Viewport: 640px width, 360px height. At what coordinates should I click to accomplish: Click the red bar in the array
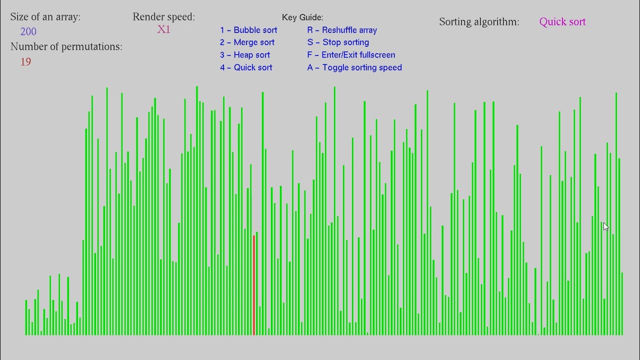coord(254,285)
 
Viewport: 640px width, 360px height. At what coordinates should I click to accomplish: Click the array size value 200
coord(28,31)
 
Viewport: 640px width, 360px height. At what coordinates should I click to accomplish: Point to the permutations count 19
coord(25,62)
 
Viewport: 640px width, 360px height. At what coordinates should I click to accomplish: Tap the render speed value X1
coord(164,29)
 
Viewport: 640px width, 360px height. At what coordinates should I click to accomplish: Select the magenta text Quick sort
coord(562,22)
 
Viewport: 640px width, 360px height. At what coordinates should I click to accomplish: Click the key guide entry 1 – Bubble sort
coord(248,30)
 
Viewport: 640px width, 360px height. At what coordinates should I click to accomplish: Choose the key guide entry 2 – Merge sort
coord(247,42)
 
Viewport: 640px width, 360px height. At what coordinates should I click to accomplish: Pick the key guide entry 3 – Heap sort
coord(245,55)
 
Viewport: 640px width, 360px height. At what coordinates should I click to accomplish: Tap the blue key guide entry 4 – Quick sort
coord(246,67)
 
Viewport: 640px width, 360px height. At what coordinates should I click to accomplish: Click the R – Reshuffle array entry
coord(342,30)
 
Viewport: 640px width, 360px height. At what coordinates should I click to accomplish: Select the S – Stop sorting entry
coord(338,42)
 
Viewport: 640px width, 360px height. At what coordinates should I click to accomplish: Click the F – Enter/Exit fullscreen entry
coord(351,55)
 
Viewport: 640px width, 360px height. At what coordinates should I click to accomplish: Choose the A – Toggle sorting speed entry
coord(354,67)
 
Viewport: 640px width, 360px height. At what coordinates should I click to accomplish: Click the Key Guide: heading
coord(302,17)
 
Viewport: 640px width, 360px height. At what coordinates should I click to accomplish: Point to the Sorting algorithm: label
coord(479,22)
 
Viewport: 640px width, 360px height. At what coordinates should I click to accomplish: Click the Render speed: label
coord(163,16)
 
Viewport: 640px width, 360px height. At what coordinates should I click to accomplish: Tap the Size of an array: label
coord(45,16)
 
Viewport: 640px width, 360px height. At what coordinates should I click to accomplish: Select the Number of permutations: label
coord(66,46)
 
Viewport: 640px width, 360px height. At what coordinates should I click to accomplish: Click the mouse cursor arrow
coord(605,226)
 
